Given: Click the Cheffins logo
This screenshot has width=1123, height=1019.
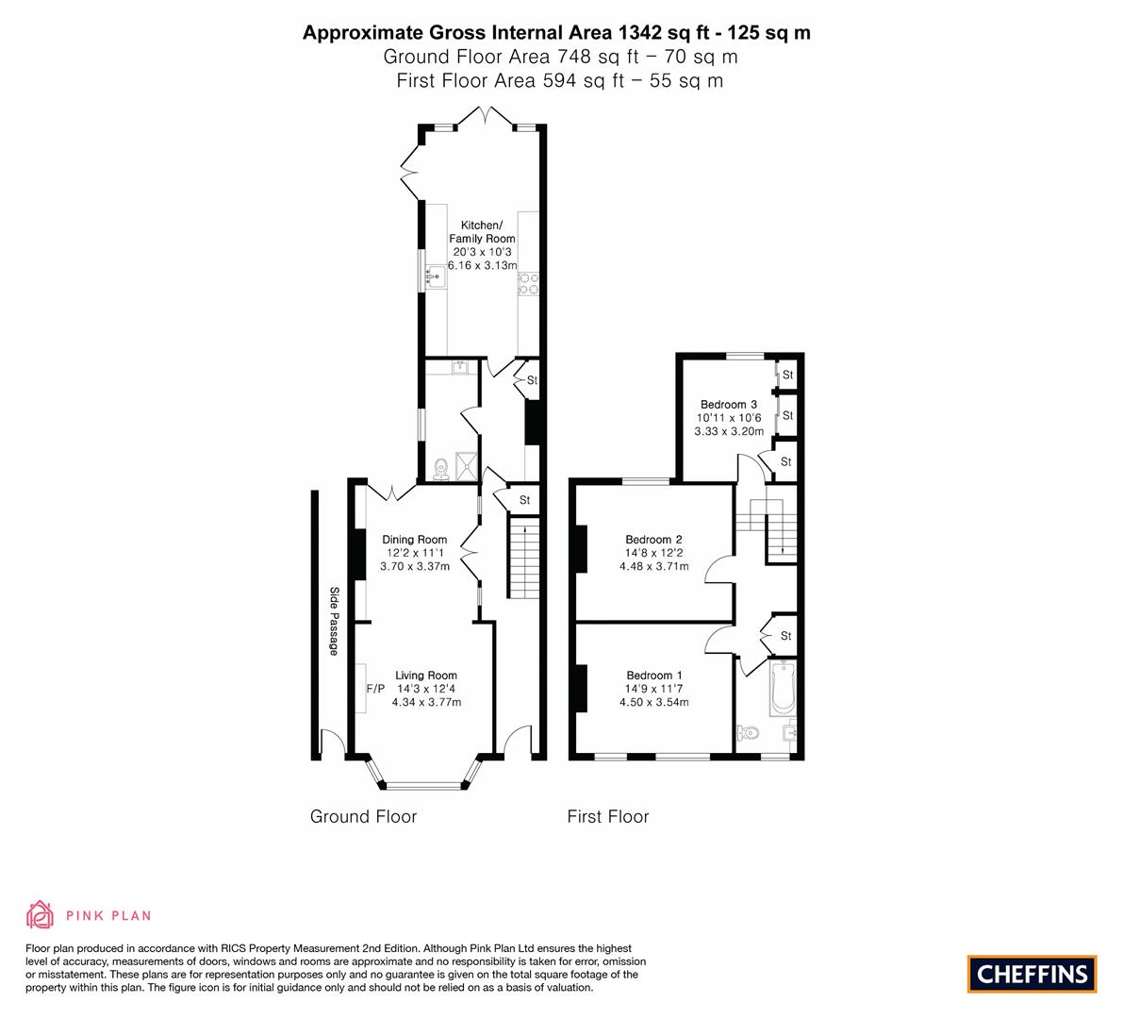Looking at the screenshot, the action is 1032,974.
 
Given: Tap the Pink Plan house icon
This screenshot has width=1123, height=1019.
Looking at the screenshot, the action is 41,914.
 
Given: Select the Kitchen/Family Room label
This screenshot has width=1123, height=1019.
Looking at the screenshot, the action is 482,231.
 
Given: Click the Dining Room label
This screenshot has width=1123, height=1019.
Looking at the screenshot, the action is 414,540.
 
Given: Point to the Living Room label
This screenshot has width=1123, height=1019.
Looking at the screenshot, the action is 426,675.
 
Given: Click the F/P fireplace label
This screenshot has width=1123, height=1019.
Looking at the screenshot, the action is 375,689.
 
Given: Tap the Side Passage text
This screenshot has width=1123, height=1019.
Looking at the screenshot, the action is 334,621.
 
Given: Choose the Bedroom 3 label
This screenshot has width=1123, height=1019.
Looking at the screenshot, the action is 728,404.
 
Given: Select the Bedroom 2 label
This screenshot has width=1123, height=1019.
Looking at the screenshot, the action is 653,540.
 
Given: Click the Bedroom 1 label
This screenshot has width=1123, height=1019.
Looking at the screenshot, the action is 653,675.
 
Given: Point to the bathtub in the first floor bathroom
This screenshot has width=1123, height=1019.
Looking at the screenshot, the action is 783,688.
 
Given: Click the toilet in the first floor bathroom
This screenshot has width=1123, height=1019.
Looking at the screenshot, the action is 747,732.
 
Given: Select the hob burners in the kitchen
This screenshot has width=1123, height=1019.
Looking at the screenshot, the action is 528,283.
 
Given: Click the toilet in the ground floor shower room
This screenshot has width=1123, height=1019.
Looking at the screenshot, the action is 440,469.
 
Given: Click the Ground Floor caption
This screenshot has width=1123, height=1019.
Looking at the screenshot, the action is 363,816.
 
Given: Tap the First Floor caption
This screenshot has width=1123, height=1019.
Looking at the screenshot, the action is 608,816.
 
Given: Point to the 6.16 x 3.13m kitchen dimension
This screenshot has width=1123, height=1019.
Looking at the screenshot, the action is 482,265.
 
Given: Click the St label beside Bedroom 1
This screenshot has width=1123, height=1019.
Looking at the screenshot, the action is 785,636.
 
